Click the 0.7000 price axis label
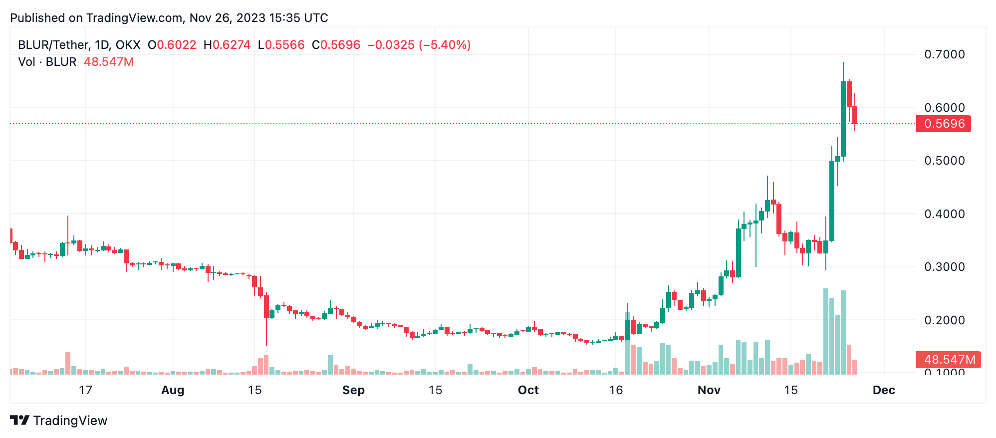click(x=944, y=54)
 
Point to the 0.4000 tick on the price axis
click(x=944, y=214)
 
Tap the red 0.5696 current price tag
click(x=944, y=124)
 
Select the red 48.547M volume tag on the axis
click(x=949, y=360)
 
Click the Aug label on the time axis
click(x=173, y=390)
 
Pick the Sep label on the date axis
click(x=353, y=390)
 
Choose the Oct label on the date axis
click(x=528, y=390)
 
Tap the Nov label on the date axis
click(x=709, y=390)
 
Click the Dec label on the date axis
click(x=883, y=390)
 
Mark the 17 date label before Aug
click(x=85, y=390)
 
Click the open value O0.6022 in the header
click(x=172, y=45)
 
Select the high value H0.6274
click(x=227, y=45)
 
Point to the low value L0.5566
click(x=281, y=45)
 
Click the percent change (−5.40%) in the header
click(x=445, y=45)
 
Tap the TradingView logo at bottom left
click(x=59, y=421)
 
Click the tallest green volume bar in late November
click(x=826, y=331)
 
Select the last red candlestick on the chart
click(x=855, y=115)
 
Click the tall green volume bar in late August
click(x=330, y=365)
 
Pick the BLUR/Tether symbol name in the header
click(x=54, y=45)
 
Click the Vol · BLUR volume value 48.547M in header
click(x=109, y=62)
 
